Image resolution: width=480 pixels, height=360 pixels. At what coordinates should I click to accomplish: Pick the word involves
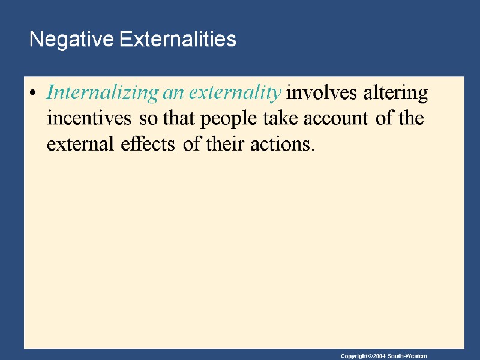click(318, 94)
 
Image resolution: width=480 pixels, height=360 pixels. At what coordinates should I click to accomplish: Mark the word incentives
click(91, 119)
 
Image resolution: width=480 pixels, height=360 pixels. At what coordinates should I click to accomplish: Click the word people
click(230, 119)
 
